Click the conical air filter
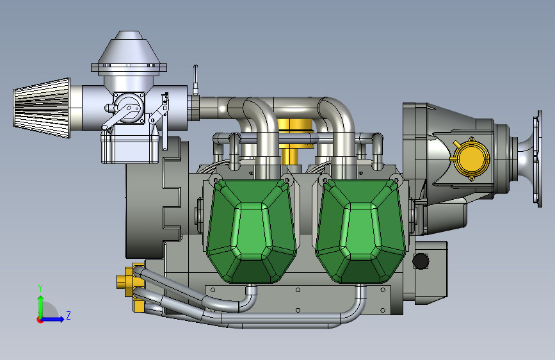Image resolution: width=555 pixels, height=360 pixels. tap(42, 108)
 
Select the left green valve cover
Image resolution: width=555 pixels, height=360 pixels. tap(251, 231)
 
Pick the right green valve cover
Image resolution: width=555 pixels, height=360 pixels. tap(360, 231)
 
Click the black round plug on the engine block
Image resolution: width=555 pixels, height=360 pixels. tap(421, 261)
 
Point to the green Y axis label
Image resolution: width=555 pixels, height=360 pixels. tap(40, 288)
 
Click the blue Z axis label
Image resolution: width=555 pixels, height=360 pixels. tap(68, 315)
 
